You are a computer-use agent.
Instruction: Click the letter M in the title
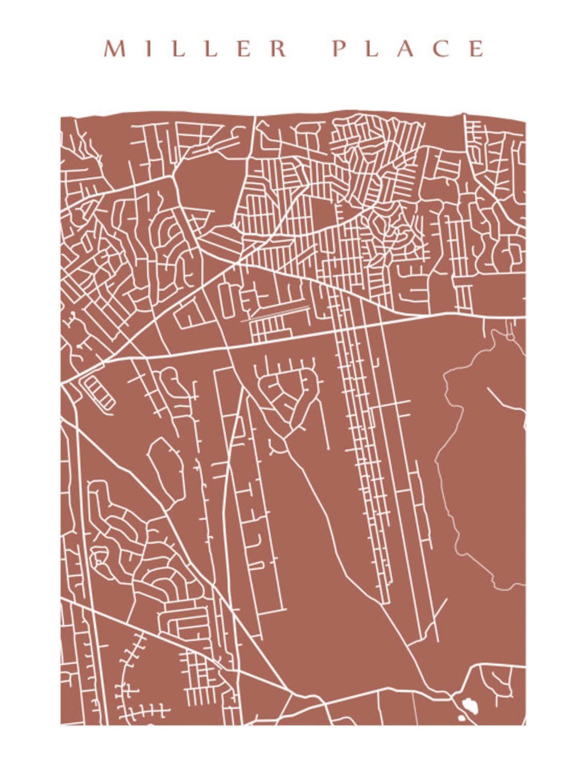pos(115,49)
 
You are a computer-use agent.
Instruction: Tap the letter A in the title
pos(406,49)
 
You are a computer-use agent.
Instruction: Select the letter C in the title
pos(442,49)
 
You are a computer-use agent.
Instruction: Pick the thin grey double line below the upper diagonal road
pos(276,313)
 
